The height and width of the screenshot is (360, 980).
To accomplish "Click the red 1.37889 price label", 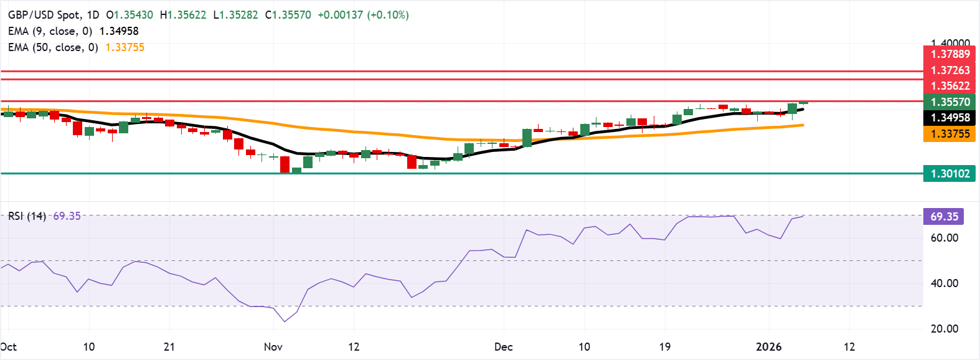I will [949, 54].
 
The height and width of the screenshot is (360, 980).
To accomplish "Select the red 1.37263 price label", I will [949, 70].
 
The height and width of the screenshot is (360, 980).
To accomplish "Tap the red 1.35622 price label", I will [949, 86].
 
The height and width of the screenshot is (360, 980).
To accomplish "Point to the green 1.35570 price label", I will [949, 102].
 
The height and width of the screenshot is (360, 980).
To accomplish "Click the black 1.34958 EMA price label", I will [949, 118].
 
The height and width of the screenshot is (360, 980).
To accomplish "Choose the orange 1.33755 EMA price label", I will [949, 134].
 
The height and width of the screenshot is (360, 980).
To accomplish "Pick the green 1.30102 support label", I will [949, 174].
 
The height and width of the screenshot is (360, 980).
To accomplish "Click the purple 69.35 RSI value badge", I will [944, 217].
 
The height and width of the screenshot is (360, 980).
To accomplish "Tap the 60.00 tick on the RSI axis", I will [944, 238].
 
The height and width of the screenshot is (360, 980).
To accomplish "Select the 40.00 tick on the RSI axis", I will [944, 283].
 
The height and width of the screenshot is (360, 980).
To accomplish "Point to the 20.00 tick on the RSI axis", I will [944, 329].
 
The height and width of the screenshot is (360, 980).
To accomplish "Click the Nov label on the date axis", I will [273, 347].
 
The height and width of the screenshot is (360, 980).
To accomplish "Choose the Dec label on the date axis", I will [504, 347].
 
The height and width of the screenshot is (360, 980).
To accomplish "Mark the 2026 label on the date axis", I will [768, 347].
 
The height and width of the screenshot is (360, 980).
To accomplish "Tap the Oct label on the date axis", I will [9, 347].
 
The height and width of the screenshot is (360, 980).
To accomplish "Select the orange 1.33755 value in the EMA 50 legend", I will [125, 47].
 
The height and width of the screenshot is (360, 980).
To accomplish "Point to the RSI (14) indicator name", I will [27, 216].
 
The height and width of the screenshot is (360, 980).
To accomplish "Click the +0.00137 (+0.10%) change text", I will [363, 15].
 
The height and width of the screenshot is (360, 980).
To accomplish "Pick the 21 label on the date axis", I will [169, 347].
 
